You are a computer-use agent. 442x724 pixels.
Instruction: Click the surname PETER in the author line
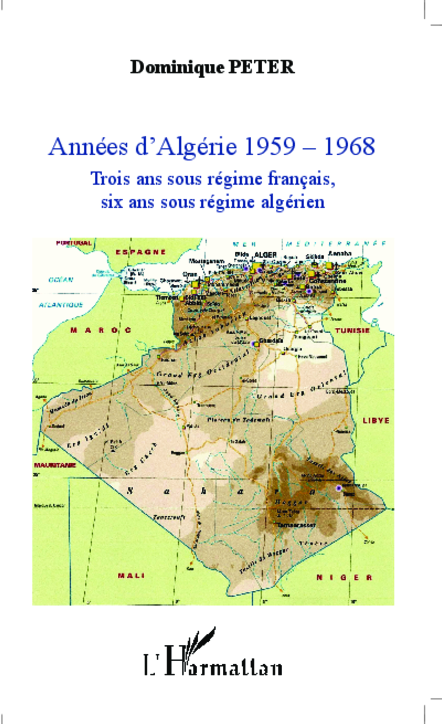[261, 67]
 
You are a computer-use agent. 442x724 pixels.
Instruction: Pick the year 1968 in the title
[349, 146]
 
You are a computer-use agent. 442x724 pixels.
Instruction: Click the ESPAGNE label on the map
[141, 252]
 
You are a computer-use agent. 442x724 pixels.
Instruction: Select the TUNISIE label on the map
[352, 331]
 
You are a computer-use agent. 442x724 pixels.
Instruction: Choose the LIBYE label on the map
[376, 421]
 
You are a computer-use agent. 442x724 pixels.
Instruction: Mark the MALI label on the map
[131, 576]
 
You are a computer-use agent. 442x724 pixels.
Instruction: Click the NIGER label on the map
[344, 577]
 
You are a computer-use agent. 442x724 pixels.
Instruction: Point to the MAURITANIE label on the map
[55, 465]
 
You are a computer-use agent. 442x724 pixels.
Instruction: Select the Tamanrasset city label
[296, 525]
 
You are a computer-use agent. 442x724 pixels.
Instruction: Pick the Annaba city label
[340, 253]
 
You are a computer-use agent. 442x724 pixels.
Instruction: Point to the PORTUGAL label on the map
[74, 243]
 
